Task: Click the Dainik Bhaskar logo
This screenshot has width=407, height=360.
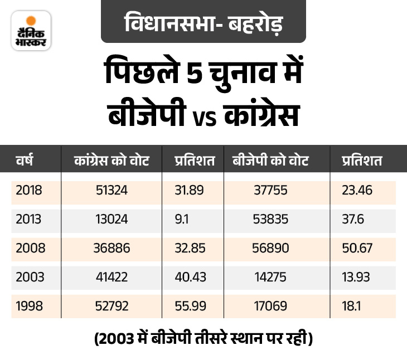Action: pyautogui.click(x=31, y=30)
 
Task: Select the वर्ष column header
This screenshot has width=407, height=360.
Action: pyautogui.click(x=25, y=161)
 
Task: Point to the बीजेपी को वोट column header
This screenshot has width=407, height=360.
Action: pyautogui.click(x=270, y=161)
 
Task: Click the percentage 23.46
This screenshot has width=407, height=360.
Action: pyautogui.click(x=357, y=191)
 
